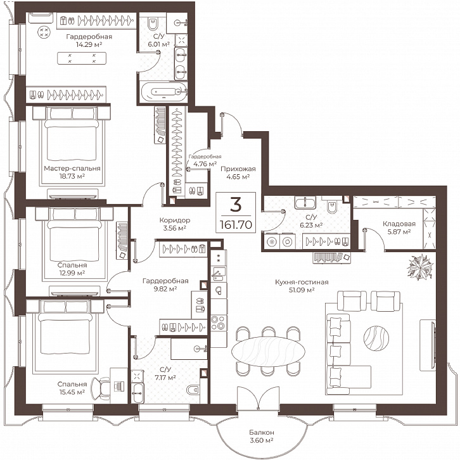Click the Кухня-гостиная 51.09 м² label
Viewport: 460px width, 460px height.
pyautogui.click(x=302, y=286)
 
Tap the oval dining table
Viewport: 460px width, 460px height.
pyautogui.click(x=268, y=351)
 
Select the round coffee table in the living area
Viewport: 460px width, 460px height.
pyautogui.click(x=376, y=338)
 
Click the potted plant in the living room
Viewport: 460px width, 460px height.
pyautogui.click(x=420, y=267)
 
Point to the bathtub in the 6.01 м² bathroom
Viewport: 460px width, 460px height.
pyautogui.click(x=164, y=91)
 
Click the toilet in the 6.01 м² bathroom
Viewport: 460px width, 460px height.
pyautogui.click(x=153, y=24)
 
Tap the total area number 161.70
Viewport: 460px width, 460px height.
pyautogui.click(x=236, y=225)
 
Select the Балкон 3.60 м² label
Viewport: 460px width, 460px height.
pyautogui.click(x=262, y=436)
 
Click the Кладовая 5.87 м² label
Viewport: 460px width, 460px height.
pyautogui.click(x=399, y=227)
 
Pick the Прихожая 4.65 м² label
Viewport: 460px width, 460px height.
pyautogui.click(x=238, y=172)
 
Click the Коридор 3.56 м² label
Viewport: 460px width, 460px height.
pyautogui.click(x=174, y=224)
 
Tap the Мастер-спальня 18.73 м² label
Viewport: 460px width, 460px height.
pyautogui.click(x=72, y=172)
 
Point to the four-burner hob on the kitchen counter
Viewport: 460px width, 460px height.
pyautogui.click(x=219, y=323)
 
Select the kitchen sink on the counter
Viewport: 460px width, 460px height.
pyautogui.click(x=218, y=274)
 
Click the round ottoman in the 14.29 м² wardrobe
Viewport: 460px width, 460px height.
pyautogui.click(x=44, y=32)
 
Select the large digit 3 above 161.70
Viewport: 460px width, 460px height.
pyautogui.click(x=236, y=205)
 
